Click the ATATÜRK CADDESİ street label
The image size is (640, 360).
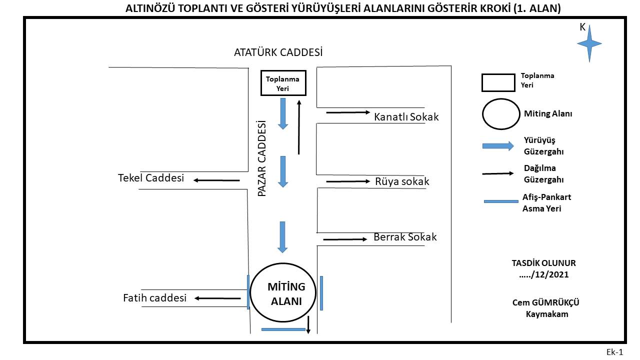coord(278,52)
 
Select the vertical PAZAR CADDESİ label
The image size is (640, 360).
coord(261,158)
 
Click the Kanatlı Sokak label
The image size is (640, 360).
coord(406,117)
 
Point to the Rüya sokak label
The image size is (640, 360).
coord(402,181)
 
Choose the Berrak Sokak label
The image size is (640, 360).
coord(405,237)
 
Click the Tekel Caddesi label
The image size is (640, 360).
coord(151,178)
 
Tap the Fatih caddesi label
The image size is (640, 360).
coord(154,298)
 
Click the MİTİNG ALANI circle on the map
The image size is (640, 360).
coord(250,292)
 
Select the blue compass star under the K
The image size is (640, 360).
coord(589,43)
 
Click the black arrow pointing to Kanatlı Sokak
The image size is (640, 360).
coord(348,112)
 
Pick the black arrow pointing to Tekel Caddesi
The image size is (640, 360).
coord(216,180)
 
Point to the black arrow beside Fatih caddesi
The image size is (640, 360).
coord(217,298)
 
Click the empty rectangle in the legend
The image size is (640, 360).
coord(498,74)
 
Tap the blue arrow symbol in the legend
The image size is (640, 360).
coord(498,146)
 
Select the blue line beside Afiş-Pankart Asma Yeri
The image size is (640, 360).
coord(501,201)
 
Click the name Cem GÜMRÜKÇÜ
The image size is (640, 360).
coord(545,302)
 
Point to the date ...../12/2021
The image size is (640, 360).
coord(543,274)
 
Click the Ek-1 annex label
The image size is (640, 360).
coord(614,352)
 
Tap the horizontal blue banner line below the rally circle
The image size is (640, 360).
coord(283,329)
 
